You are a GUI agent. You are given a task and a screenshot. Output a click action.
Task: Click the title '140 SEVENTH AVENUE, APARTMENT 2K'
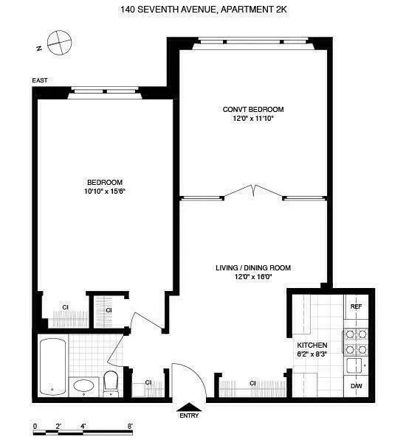(x=203, y=10)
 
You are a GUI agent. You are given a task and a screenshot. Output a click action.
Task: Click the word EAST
(x=40, y=80)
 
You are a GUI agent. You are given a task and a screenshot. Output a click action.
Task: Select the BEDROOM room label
(x=104, y=182)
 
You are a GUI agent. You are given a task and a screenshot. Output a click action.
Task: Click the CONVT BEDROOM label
(x=253, y=109)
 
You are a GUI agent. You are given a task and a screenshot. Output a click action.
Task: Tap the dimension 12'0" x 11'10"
(x=253, y=118)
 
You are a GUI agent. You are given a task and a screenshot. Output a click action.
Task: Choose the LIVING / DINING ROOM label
(x=253, y=267)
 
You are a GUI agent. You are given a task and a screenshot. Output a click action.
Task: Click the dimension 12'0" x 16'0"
(x=253, y=276)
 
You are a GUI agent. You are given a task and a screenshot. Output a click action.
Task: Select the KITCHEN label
(x=312, y=345)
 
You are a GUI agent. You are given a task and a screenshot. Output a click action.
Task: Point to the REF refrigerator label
(x=356, y=306)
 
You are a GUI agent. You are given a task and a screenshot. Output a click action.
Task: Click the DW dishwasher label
(x=356, y=385)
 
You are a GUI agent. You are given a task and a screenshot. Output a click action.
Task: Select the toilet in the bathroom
(x=111, y=381)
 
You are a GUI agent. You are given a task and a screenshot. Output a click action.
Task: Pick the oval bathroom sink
(x=83, y=385)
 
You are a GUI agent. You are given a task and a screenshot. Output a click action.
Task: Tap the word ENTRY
(x=188, y=416)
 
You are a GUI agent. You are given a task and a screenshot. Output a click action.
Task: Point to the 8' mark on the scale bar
(x=130, y=426)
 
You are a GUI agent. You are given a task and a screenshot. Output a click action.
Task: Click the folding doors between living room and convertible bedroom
(x=252, y=191)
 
